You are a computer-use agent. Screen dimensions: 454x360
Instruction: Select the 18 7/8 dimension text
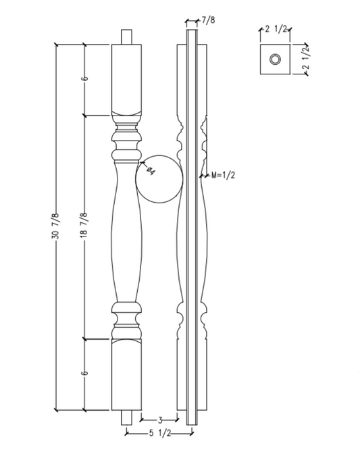point(84,226)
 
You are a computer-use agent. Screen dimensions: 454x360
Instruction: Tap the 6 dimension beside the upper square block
point(84,79)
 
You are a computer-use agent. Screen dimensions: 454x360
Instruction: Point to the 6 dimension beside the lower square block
point(84,374)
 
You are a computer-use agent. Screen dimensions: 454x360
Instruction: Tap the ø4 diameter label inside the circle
point(150,171)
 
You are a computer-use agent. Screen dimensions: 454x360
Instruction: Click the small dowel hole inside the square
point(276,59)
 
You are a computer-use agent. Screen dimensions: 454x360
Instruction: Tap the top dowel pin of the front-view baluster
point(127,36)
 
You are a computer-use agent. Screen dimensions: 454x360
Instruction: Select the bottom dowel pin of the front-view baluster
point(127,415)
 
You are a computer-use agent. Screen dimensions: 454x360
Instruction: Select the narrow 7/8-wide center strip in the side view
point(192,230)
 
